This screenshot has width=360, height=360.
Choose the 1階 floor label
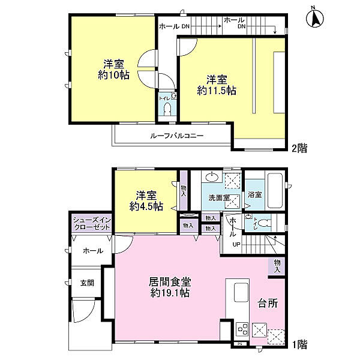299,344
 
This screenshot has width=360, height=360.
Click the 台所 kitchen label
268,303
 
